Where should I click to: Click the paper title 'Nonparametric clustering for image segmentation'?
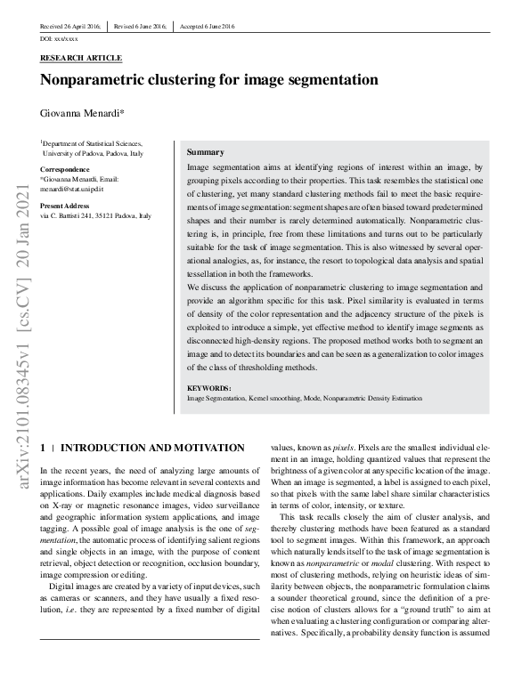point(209,80)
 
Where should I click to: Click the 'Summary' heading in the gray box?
point(205,152)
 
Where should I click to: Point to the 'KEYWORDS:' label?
point(209,388)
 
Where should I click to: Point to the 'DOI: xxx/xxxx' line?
point(60,40)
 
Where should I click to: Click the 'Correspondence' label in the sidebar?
point(64,169)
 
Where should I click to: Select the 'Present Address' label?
point(66,206)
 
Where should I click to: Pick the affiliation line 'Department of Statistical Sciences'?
point(91,143)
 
